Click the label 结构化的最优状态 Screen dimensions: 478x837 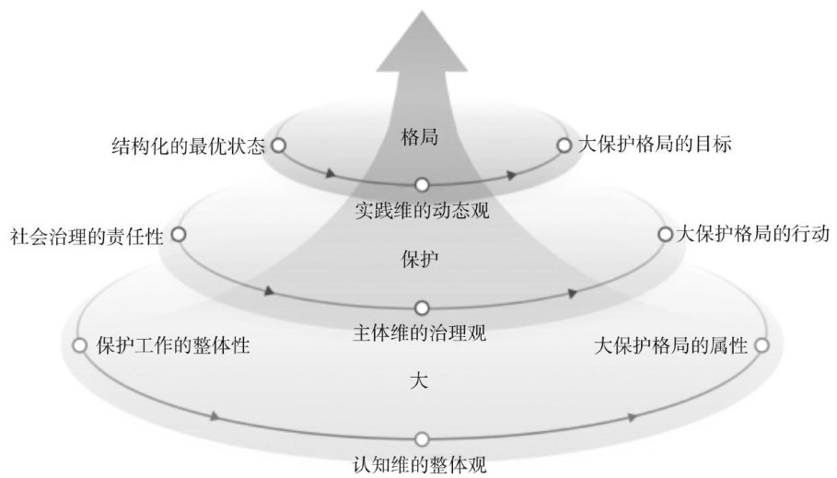tap(186, 146)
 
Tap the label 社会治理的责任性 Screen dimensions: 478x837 tap(86, 236)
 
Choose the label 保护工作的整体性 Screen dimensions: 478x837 tap(174, 346)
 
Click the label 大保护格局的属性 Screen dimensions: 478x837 tap(671, 346)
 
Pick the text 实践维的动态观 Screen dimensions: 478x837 tap(421, 210)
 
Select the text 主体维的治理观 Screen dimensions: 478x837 tap(421, 332)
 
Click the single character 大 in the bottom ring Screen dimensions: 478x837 tap(419, 379)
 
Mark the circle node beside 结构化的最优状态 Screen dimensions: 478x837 tap(278, 145)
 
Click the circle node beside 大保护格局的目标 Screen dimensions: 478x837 tap(564, 145)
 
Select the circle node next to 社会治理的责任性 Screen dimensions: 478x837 tap(179, 235)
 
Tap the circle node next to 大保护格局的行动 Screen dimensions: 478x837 tap(665, 234)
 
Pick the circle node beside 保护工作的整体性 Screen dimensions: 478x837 tap(79, 345)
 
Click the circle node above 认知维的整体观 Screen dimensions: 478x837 tap(422, 439)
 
